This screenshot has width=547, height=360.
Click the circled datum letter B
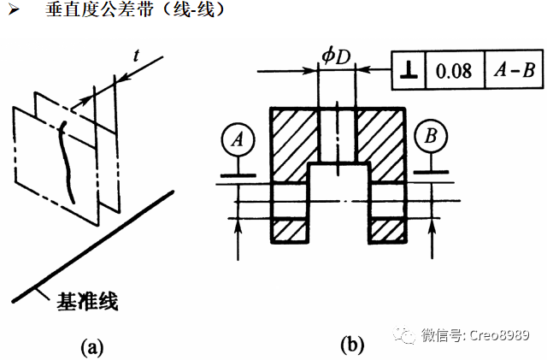430,137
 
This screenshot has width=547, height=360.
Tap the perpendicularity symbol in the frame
407,71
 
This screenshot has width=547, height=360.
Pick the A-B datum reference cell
515,71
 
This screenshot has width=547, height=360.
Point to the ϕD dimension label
335,56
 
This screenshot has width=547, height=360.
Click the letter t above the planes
137,54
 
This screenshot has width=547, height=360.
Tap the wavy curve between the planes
65,162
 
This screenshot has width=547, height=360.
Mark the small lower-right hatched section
386,230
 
